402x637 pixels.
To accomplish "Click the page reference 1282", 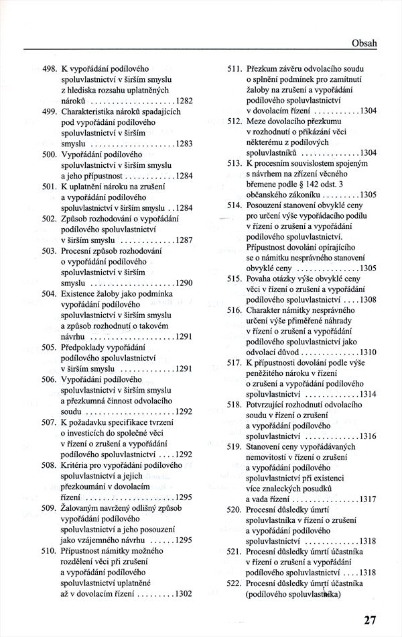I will tap(181, 101).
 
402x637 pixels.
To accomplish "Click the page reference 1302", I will tap(181, 593).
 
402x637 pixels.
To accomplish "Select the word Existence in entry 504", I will tap(79, 294).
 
